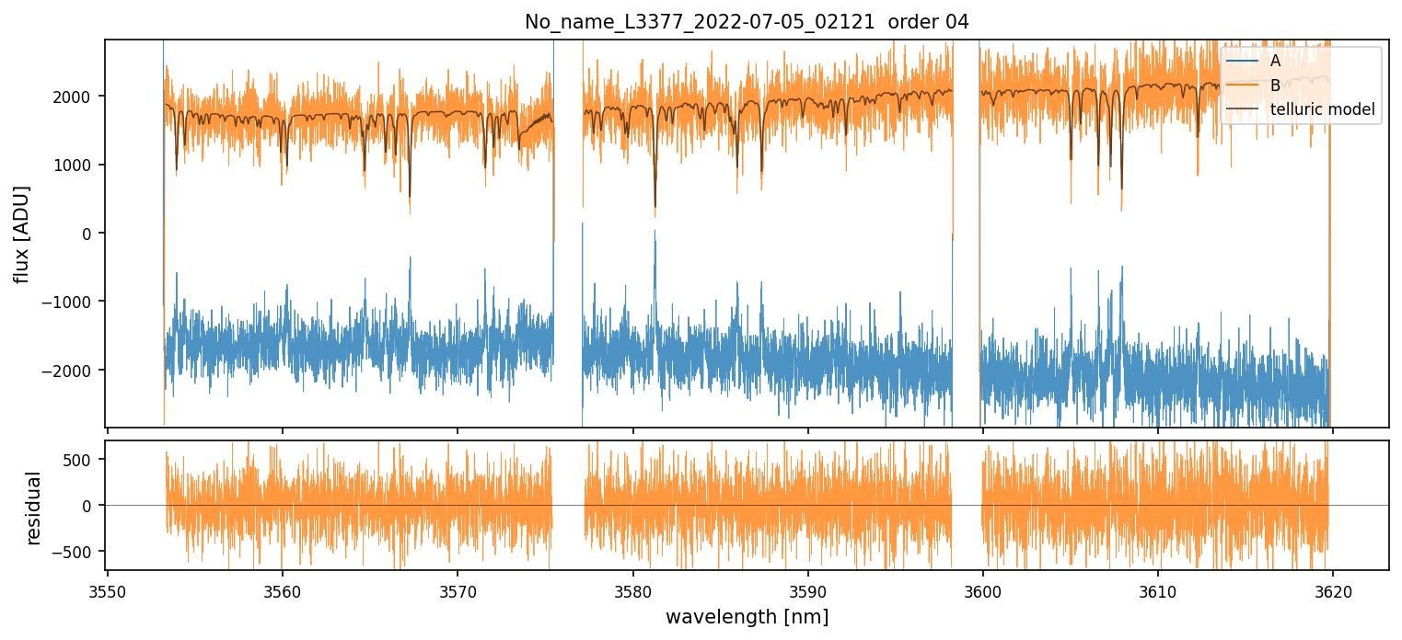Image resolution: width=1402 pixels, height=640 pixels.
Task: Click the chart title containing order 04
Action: click(747, 22)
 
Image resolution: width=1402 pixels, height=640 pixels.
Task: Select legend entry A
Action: click(1275, 61)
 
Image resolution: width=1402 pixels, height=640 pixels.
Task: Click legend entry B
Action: click(1275, 86)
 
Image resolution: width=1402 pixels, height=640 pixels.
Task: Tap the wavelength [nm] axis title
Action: click(747, 617)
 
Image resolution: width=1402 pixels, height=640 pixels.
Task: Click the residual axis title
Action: click(34, 508)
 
